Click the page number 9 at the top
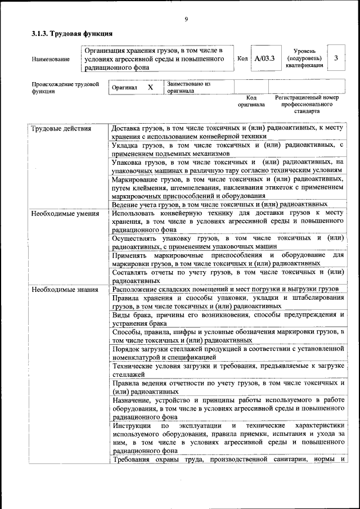click(186, 20)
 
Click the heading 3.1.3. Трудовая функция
click(68, 34)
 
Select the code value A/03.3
click(264, 58)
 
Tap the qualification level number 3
click(336, 58)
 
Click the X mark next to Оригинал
click(150, 88)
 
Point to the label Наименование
click(51, 58)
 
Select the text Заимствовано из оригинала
click(188, 87)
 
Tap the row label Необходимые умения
click(65, 214)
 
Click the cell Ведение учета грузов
click(219, 204)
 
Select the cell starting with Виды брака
click(228, 319)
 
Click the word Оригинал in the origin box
click(124, 88)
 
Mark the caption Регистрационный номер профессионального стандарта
click(307, 104)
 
